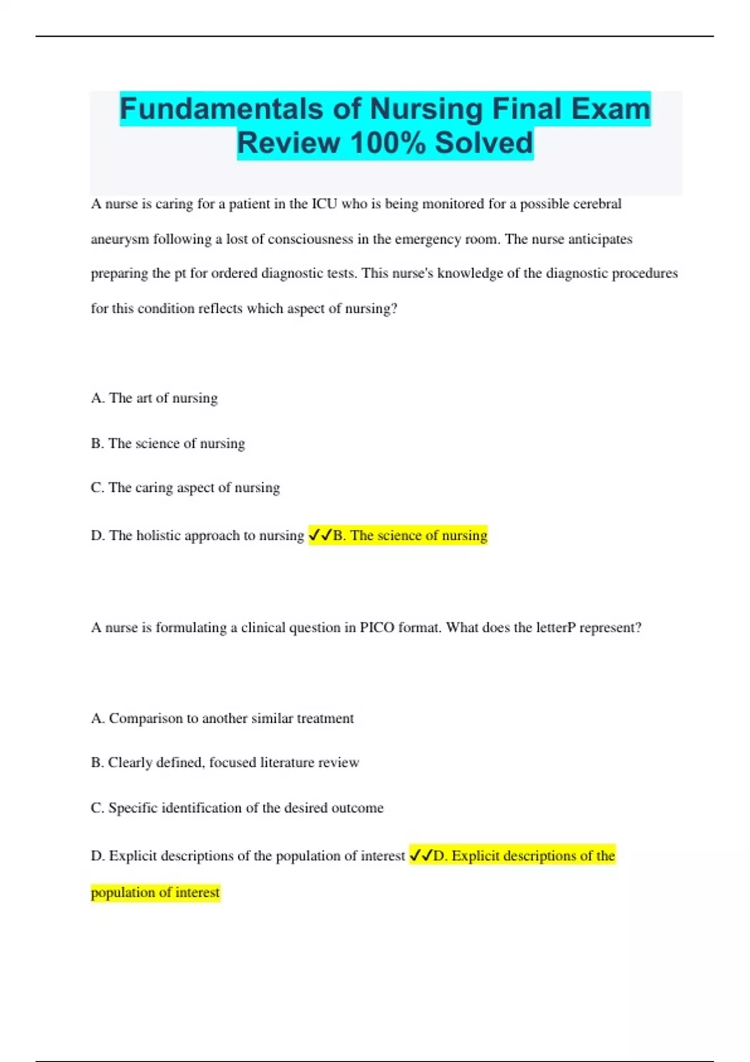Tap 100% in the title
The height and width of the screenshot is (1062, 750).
pos(387,143)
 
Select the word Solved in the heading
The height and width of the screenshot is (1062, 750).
pos(484,143)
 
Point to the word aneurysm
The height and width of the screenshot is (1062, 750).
pos(119,239)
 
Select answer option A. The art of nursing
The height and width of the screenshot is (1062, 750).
pos(154,398)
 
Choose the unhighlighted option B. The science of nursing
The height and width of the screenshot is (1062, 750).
pos(167,444)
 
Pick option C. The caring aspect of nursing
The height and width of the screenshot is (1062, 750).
pos(185,488)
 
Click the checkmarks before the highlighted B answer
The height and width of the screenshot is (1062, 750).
pos(320,535)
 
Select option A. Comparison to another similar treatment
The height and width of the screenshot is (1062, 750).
pos(222,718)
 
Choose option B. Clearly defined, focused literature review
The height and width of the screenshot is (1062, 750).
pos(224,763)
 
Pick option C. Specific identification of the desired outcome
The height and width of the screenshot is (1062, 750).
pos(237,808)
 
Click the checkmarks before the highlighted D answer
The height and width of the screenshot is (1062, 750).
pos(421,856)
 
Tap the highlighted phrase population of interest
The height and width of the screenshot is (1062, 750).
pos(156,892)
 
